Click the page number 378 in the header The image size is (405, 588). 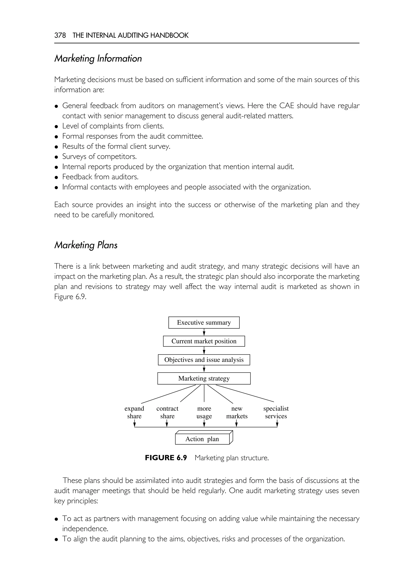60,35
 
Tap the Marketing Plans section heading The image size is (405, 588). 86,245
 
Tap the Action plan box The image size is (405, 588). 202,439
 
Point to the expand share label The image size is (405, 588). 134,412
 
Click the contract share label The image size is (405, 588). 167,412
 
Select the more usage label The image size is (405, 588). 204,412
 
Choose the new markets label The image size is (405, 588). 237,412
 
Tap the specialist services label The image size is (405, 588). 276,412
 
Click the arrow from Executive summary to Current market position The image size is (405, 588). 204,332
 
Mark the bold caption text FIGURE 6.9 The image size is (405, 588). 166,458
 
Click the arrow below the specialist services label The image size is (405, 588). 277,423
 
